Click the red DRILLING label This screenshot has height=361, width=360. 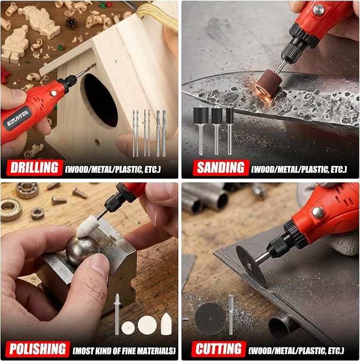click(34, 168)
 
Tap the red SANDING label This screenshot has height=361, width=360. click(221, 168)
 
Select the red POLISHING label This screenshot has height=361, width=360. click(38, 349)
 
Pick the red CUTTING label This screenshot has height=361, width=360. click(218, 349)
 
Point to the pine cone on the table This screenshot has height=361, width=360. click(72, 23)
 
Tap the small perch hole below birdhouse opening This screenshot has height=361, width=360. click(97, 143)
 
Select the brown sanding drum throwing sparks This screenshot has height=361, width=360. click(266, 82)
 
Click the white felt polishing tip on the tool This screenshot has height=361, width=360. click(85, 227)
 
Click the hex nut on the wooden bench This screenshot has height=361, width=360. click(37, 214)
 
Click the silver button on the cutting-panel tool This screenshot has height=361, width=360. click(318, 213)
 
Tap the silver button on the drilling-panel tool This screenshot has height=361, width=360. click(54, 93)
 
